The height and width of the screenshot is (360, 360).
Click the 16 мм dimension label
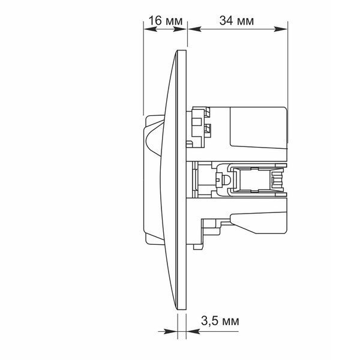click(x=166, y=20)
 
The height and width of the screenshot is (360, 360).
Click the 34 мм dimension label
click(x=236, y=20)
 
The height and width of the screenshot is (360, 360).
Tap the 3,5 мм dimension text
click(x=220, y=321)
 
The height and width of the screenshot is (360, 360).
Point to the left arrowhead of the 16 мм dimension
click(x=150, y=29)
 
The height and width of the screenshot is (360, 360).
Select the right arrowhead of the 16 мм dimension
click(x=180, y=29)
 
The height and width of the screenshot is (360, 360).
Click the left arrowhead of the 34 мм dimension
click(x=194, y=29)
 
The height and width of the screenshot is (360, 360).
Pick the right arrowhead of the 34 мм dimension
click(x=281, y=29)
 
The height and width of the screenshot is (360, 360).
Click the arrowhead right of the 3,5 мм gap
click(x=193, y=332)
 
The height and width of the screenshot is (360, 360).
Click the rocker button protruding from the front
click(x=152, y=179)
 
